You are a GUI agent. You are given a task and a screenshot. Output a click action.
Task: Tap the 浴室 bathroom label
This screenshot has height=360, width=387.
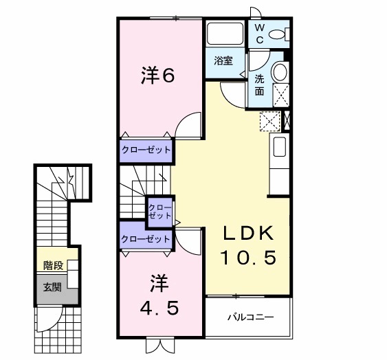[x=223, y=60]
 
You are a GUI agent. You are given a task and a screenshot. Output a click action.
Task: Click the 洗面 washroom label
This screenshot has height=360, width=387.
[x=260, y=85]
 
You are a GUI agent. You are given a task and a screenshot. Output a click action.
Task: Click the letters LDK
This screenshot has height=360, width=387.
[x=247, y=233]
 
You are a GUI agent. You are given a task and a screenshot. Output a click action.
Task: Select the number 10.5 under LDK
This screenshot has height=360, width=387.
[x=247, y=258]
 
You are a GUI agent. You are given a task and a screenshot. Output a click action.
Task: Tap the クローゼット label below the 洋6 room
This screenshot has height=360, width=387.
[x=146, y=149]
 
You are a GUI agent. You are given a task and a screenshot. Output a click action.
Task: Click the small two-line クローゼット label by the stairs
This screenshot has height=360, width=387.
[x=160, y=211]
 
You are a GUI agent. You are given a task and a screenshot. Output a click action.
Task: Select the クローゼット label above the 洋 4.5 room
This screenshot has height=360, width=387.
[x=146, y=239]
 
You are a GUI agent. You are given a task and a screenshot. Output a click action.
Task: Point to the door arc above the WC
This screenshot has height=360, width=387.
[x=255, y=12]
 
